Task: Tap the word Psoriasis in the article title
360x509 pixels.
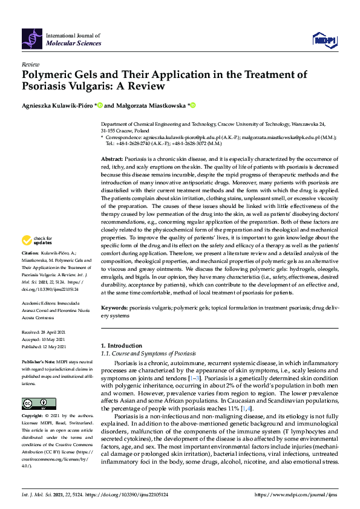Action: click(47, 86)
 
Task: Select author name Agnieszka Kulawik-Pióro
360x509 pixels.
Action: click(61, 105)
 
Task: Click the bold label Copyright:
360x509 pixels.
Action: click(33, 417)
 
